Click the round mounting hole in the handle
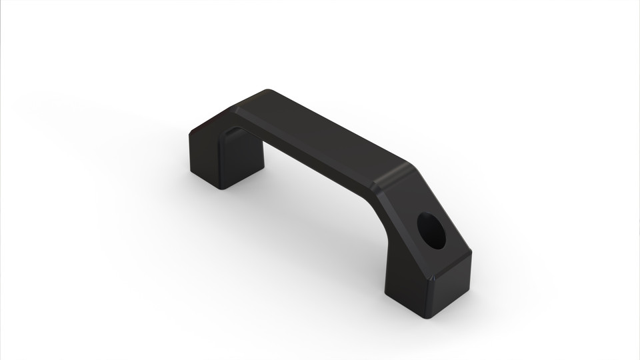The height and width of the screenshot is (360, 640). [433, 230]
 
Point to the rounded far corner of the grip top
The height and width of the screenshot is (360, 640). [268, 92]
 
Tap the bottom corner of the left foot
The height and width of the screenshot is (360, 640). [220, 188]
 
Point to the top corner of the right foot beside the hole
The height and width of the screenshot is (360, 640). [470, 253]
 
